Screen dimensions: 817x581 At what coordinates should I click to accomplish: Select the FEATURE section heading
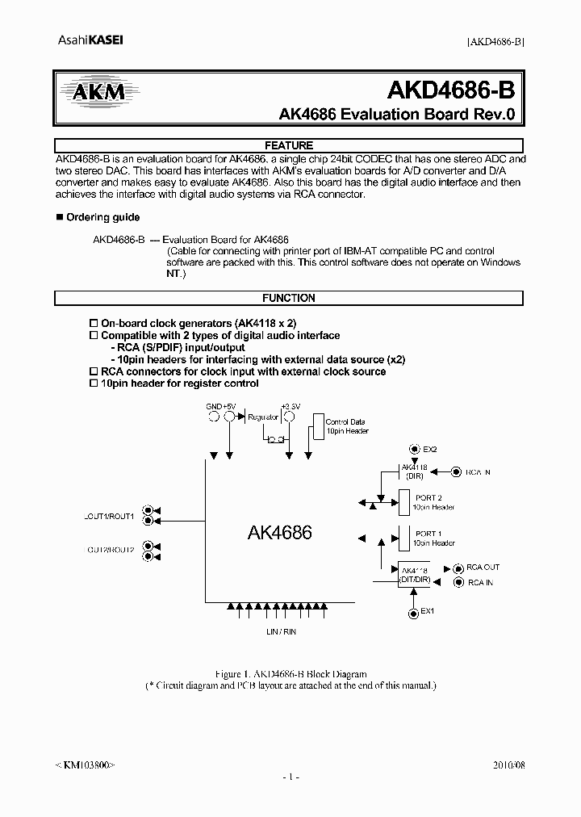pyautogui.click(x=289, y=145)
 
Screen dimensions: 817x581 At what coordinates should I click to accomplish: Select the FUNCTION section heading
pyautogui.click(x=289, y=298)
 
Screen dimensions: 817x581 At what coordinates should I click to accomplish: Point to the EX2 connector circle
pyautogui.click(x=415, y=449)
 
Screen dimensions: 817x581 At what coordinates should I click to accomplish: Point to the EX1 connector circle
pyautogui.click(x=415, y=611)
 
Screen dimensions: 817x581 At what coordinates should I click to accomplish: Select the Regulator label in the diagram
pyautogui.click(x=263, y=417)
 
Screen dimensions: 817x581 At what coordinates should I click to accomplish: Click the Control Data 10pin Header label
pyautogui.click(x=347, y=426)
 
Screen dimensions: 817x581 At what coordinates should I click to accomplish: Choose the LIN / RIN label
pyautogui.click(x=281, y=631)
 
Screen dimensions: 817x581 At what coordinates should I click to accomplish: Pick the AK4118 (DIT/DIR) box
pyautogui.click(x=415, y=574)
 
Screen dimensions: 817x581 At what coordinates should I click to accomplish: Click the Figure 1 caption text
pyautogui.click(x=290, y=673)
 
